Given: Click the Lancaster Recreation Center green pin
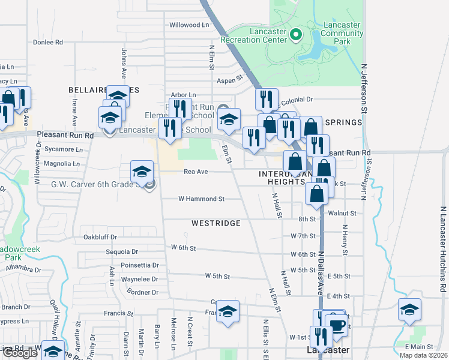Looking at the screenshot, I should click(x=295, y=35).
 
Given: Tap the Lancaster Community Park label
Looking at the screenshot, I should click(x=342, y=34).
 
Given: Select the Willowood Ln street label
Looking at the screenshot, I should click(x=189, y=25).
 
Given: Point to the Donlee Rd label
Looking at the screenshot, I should click(x=48, y=43).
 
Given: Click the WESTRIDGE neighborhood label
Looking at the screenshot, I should click(x=216, y=223).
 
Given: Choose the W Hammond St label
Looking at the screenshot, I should click(x=202, y=199).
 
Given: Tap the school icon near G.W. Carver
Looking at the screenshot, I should click(x=142, y=172).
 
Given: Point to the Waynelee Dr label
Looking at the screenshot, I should click(x=139, y=279).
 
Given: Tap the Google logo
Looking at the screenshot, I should click(x=20, y=353).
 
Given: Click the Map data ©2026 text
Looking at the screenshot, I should click(x=423, y=355).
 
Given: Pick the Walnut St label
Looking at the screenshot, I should click(x=342, y=213).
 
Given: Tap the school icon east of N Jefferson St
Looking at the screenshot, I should click(x=409, y=310).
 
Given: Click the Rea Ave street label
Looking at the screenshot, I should click(x=196, y=172).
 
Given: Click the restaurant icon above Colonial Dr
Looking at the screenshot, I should click(x=266, y=99).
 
